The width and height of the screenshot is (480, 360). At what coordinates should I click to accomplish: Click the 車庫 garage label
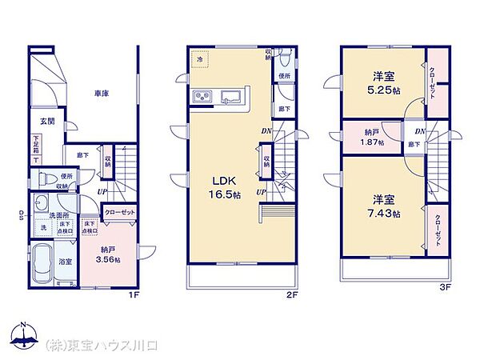[101, 94]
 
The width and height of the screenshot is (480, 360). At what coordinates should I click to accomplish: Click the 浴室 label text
[67, 261]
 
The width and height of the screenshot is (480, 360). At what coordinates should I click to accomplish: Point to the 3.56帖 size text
[107, 259]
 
